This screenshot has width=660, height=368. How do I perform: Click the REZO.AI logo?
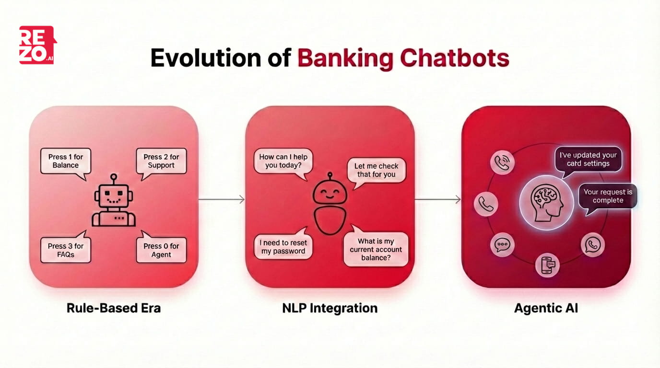pos(37,45)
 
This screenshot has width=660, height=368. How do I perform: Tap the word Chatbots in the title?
pos(454,58)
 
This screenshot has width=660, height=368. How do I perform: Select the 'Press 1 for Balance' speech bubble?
pos(65,161)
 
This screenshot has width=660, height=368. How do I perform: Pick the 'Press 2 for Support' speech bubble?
pos(161,161)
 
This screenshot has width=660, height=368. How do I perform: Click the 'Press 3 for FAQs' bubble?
pos(65,250)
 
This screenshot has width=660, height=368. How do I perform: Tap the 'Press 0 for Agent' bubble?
pos(161,250)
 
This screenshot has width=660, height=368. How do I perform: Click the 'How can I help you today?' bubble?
pos(283,161)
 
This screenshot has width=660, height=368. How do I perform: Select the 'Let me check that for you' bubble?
pos(376,170)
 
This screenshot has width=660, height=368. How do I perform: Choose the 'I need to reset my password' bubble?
pos(283,247)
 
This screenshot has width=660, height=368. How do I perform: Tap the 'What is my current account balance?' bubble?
pos(376,249)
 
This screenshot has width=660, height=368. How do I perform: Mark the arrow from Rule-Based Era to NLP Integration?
pos(222,199)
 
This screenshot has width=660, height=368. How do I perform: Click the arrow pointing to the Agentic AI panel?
pos(437,199)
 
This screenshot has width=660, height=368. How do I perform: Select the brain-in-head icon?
pos(546,203)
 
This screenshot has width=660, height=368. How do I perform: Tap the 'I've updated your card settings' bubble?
pos(588,159)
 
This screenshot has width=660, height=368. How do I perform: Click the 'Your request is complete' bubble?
pos(608,196)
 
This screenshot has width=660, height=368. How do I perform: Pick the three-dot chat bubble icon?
pos(502,245)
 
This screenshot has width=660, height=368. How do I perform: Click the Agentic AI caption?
pos(546,308)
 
